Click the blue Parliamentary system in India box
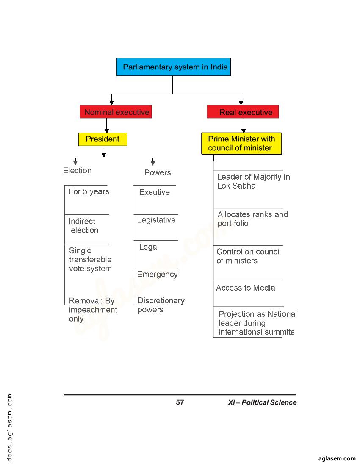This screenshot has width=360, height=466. (x=174, y=67)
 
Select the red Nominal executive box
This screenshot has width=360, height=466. (x=116, y=112)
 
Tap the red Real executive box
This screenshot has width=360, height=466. (x=243, y=112)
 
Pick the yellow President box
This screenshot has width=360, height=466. (x=102, y=139)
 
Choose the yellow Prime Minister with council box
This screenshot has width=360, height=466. (x=241, y=144)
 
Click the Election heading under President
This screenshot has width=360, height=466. (x=77, y=171)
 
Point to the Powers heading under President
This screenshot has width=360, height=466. (x=157, y=173)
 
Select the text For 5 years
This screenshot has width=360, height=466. (x=89, y=192)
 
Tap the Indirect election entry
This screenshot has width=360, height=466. (x=83, y=226)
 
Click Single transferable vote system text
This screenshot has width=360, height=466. (x=90, y=260)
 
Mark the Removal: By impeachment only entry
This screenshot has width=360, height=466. (x=92, y=310)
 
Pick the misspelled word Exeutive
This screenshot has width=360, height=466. (x=154, y=192)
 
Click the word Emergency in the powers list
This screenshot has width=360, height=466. (x=157, y=275)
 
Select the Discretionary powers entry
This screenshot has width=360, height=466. (x=161, y=305)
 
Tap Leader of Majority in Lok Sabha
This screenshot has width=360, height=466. (x=253, y=181)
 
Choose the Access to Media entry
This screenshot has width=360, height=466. (x=245, y=288)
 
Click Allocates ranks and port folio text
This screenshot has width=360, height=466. (x=252, y=219)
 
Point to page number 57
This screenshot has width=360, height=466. (x=180, y=402)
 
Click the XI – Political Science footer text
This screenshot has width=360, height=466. (x=262, y=402)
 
